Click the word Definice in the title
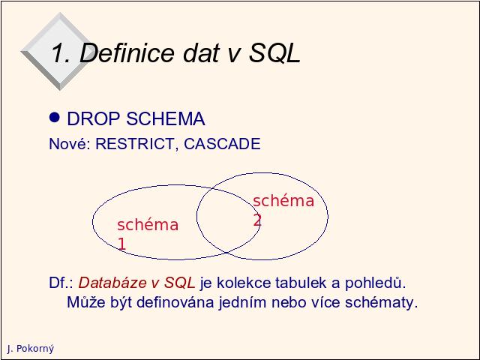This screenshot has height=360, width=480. coord(127,52)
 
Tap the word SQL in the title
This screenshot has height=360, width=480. coord(274,52)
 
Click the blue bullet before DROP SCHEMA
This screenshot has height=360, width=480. coord(55,117)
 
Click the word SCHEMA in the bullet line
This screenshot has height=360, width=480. coord(166,118)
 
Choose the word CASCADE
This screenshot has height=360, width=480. coord(222,144)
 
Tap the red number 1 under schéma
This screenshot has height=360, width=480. coord(121,244)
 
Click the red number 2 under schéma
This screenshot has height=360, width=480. coord(257,220)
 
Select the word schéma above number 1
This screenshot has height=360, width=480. coord(148,224)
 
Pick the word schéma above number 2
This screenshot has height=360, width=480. coord(283,201)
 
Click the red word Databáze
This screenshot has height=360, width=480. coord(112,283)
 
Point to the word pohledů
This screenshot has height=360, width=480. coord(375,283)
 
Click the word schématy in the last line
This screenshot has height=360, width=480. coord(382,303)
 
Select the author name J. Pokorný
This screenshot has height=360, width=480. coord(31,349)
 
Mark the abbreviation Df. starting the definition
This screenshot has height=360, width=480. coord(61,283)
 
